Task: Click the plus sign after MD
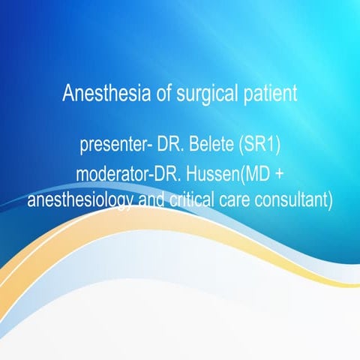[284, 174]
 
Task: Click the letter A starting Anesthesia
[67, 95]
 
